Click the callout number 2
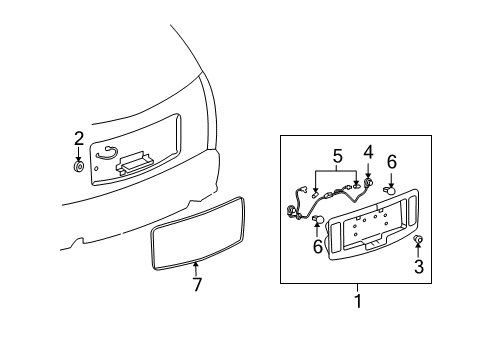79,139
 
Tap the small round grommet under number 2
79,167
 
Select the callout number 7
197,284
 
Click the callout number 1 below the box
358,301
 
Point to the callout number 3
419,267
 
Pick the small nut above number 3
418,239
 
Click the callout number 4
368,152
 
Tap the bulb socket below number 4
368,182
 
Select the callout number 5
337,156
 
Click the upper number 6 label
392,162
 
